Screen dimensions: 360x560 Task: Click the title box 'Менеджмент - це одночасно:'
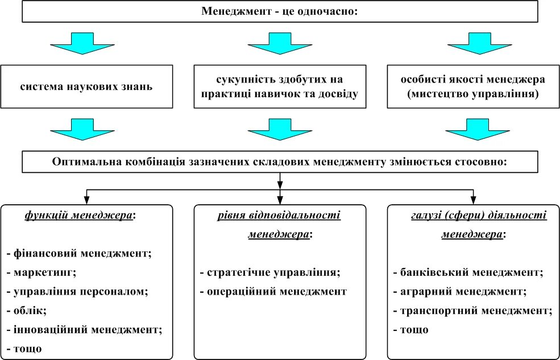279,11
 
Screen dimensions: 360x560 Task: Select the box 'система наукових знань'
87,87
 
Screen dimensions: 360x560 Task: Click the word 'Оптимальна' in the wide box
84,162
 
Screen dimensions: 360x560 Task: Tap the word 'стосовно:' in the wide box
481,162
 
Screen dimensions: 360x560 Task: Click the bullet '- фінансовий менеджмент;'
79,253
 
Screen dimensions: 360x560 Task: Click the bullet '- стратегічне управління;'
269,272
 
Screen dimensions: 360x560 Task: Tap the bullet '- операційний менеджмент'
273,291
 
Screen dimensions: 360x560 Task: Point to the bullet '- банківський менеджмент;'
468,272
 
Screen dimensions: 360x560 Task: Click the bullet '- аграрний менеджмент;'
459,291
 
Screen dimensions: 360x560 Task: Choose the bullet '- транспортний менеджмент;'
472,311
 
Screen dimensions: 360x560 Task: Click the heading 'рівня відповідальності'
279,216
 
